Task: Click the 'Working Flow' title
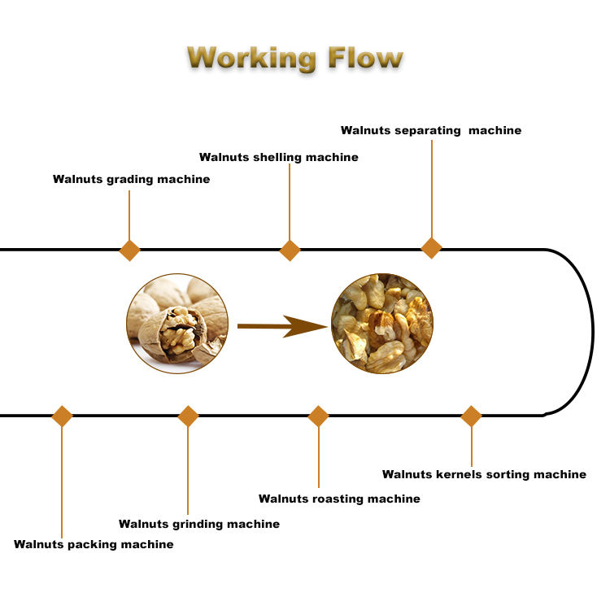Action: coord(294,59)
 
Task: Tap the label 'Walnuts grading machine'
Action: coord(131,179)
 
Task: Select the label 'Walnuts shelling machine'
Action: coord(278,157)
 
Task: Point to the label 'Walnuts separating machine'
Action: coord(431,130)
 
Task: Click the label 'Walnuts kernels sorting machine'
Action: coord(484,474)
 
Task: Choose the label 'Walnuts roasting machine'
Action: coord(339,499)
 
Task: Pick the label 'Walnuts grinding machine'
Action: coord(199,525)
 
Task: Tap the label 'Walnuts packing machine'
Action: coord(94,544)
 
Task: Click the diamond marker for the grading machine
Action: coord(129,250)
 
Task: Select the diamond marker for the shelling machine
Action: coord(290,250)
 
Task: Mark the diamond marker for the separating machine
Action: coord(432,248)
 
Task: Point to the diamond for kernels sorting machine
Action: coord(471,416)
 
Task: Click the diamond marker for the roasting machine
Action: coord(318,416)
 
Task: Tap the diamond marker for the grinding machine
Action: coord(188,416)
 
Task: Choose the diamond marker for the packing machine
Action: coord(62,416)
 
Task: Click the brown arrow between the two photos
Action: coord(281,326)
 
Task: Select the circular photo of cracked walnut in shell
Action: coord(177,324)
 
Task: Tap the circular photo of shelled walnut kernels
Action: coord(382,324)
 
